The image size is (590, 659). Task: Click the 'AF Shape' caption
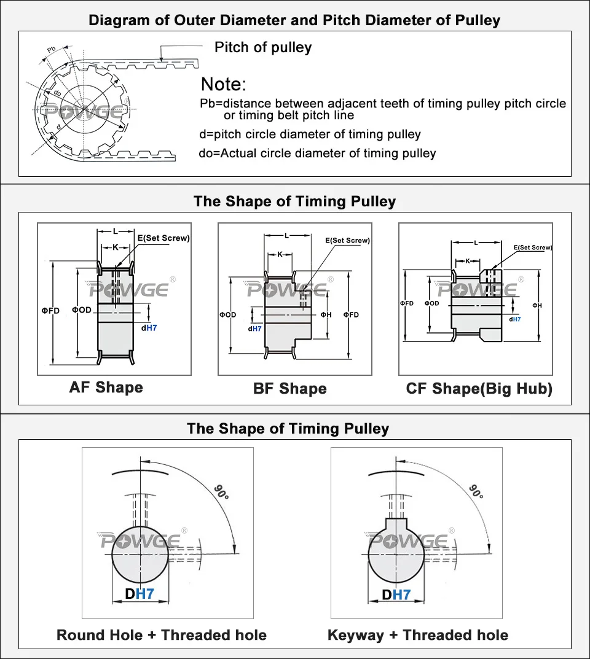tap(106, 388)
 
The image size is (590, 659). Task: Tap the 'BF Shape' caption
tap(289, 389)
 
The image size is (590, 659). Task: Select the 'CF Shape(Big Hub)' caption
tap(479, 389)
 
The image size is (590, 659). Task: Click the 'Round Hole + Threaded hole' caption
tap(162, 635)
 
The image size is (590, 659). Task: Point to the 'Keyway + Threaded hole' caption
tap(418, 635)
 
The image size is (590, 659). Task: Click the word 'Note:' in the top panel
tap(224, 85)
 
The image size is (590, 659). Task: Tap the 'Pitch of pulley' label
tap(262, 48)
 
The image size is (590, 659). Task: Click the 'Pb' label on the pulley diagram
tap(52, 49)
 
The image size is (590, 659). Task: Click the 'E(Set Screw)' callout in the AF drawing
tap(163, 238)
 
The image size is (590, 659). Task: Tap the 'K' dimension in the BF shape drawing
tap(280, 254)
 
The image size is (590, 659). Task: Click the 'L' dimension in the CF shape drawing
tap(476, 243)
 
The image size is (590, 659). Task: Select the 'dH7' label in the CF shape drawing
tap(515, 319)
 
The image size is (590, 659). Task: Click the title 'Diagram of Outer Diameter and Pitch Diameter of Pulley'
tap(294, 20)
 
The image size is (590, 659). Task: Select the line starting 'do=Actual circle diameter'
tap(318, 154)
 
